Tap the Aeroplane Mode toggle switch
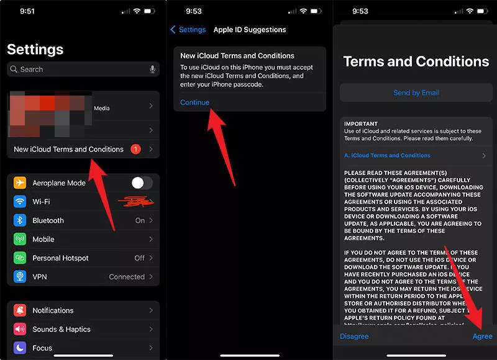click(x=142, y=182)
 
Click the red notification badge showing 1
click(x=136, y=150)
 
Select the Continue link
click(x=194, y=102)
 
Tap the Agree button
click(x=482, y=336)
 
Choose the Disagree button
click(x=354, y=336)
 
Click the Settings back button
click(x=188, y=30)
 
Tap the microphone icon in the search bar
click(x=152, y=70)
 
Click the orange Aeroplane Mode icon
click(x=20, y=183)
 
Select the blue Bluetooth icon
click(x=20, y=220)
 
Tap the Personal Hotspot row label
click(x=60, y=258)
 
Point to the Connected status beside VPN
click(x=127, y=277)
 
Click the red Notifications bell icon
click(x=20, y=311)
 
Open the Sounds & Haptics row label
click(x=62, y=330)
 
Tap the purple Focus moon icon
click(x=20, y=348)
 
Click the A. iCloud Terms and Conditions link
click(x=387, y=156)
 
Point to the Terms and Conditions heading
click(x=416, y=61)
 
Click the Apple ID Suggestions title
click(x=250, y=30)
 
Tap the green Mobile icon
click(x=20, y=239)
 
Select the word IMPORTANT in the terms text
click(x=361, y=124)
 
